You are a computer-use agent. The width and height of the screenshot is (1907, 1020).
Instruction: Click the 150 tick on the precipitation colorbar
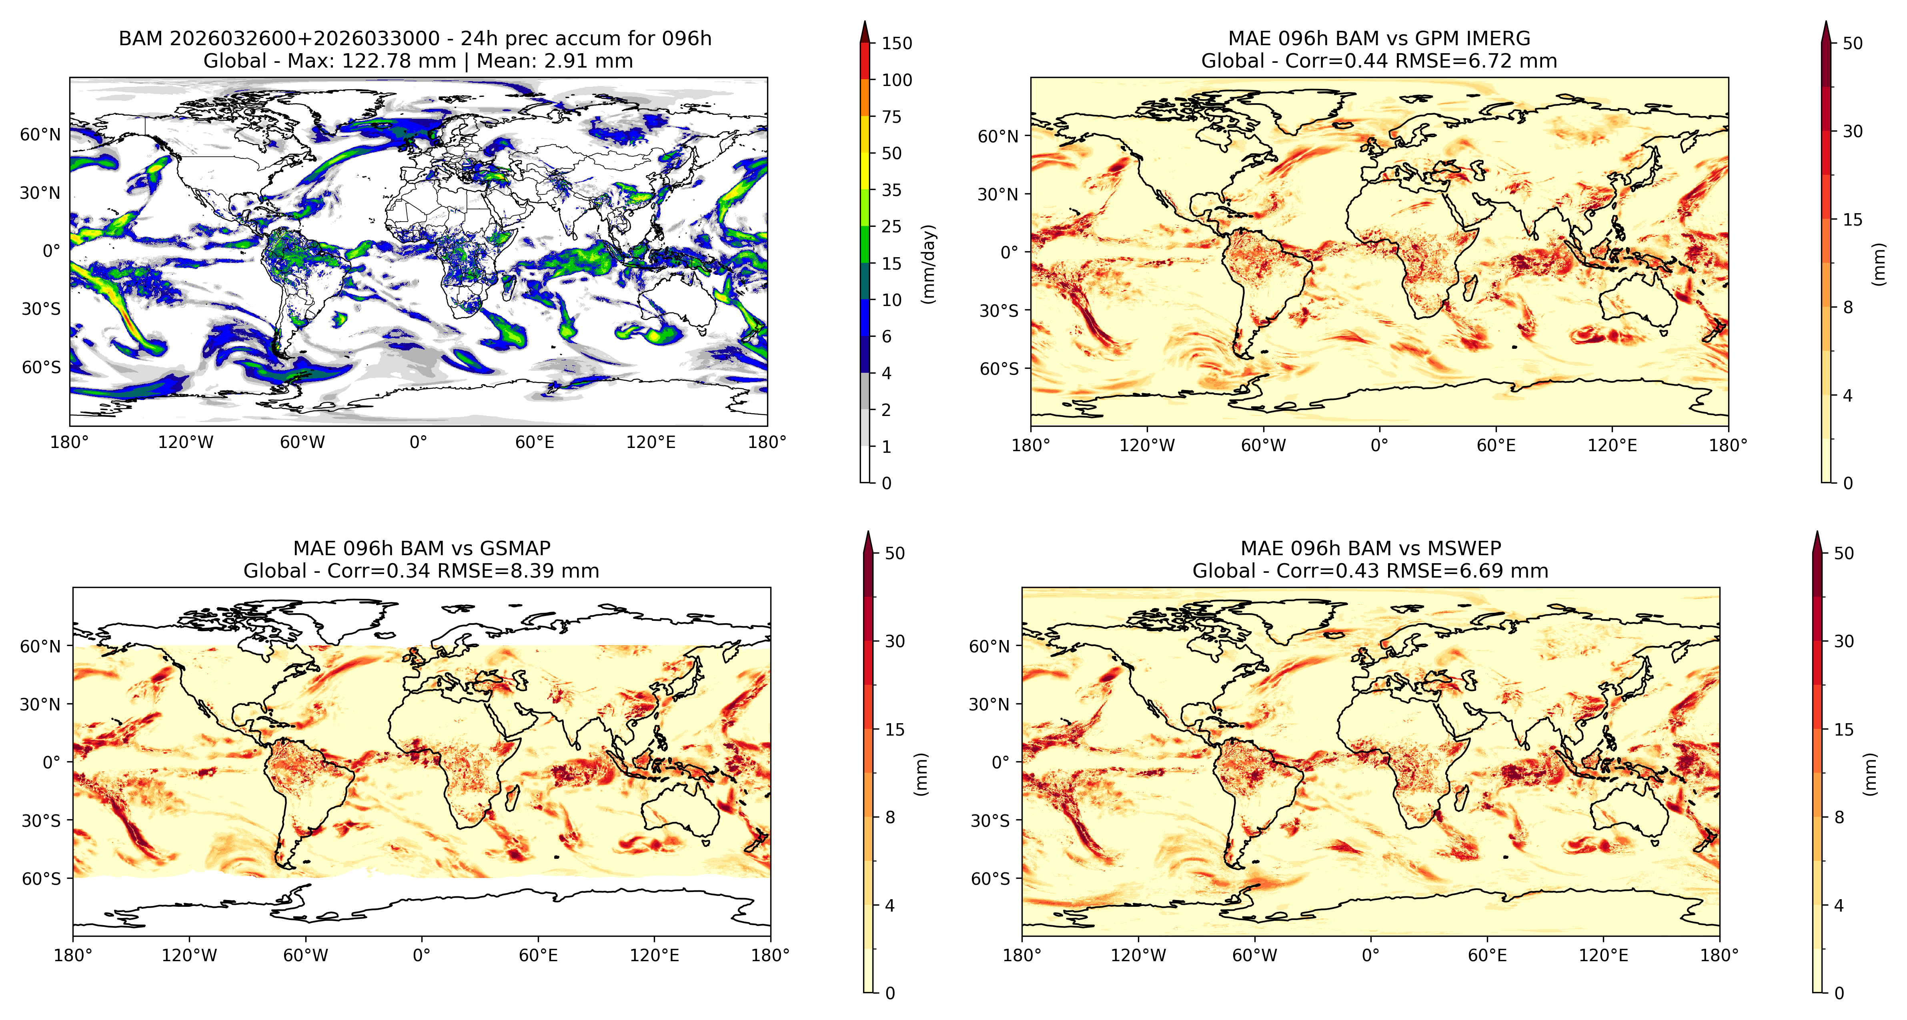click(x=897, y=43)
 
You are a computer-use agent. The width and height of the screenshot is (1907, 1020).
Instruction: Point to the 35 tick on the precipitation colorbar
click(x=891, y=190)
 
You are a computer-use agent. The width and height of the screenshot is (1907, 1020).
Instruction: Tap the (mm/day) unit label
click(x=928, y=264)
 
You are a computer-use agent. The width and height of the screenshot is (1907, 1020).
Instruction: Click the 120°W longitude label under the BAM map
click(x=186, y=443)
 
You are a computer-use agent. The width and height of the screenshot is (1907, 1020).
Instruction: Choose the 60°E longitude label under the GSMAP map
click(x=538, y=956)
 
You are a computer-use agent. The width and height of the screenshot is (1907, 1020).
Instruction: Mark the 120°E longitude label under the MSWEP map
click(x=1603, y=956)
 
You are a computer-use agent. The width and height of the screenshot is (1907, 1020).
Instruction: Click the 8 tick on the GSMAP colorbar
click(x=890, y=817)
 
